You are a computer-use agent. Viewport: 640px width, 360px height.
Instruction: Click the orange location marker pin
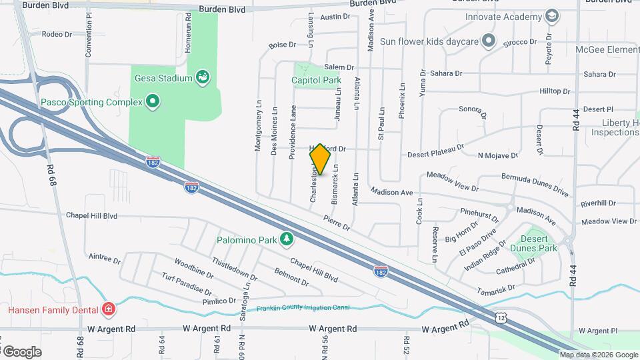320,159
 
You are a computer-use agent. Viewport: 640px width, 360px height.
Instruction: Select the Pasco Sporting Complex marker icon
153,102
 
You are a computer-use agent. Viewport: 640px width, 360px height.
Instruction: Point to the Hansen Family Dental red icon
108,309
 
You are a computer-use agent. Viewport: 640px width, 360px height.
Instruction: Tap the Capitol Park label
316,81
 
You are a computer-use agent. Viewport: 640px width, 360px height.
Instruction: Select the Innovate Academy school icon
551,16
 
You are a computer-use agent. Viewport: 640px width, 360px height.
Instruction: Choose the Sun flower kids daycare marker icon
489,41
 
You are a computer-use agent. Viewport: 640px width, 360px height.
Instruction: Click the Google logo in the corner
21,351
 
